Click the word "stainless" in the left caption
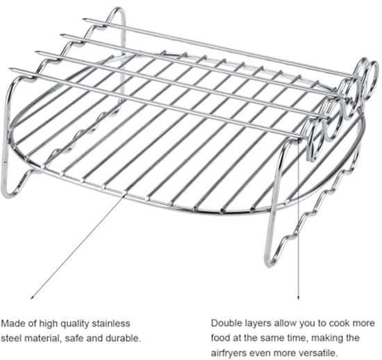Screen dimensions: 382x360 (111, 323)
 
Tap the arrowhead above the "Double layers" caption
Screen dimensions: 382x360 (299, 298)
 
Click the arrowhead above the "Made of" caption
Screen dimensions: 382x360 (32, 298)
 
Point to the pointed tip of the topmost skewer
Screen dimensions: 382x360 (83, 19)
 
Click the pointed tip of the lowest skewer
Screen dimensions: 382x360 (9, 69)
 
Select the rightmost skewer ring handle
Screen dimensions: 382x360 (371, 80)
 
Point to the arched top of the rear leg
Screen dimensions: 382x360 (118, 9)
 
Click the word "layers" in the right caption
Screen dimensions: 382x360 (257, 323)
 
